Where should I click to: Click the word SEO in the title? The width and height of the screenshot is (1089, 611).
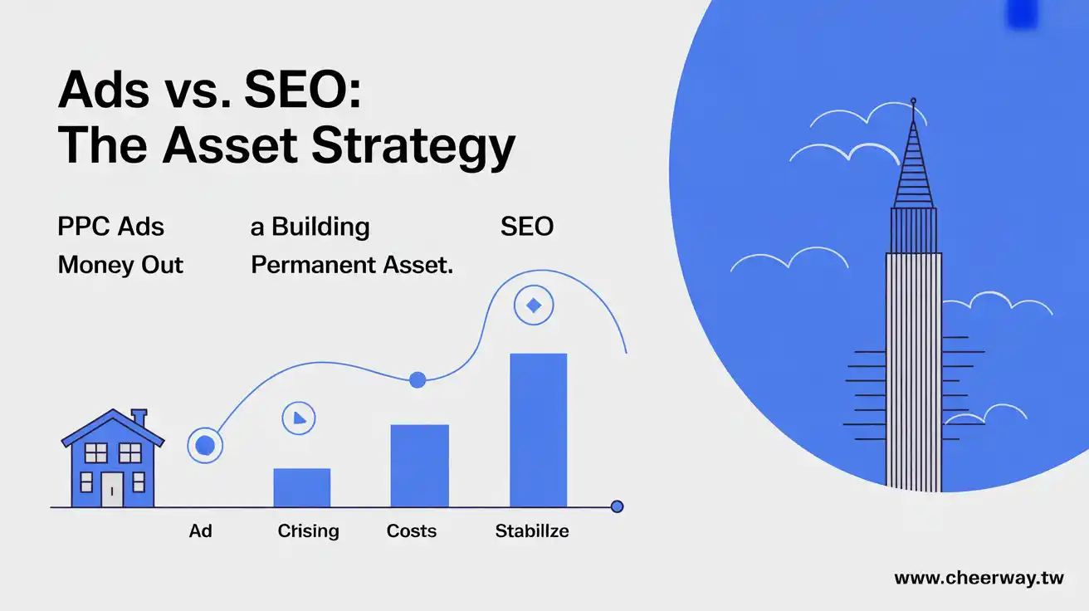tap(302, 90)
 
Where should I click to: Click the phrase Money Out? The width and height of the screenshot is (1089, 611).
tap(120, 266)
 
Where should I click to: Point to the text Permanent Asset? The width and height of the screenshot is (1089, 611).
tap(352, 266)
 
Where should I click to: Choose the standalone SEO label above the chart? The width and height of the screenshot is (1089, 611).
tap(526, 227)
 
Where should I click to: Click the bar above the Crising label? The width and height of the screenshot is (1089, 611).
tap(302, 487)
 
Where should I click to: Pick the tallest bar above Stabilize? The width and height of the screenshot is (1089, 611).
tap(538, 430)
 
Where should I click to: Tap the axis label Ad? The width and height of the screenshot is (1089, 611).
tap(200, 530)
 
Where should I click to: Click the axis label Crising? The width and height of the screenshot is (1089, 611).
tap(308, 531)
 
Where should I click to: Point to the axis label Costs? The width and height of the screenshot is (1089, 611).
tap(412, 530)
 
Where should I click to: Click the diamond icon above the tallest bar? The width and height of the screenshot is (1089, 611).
tap(534, 306)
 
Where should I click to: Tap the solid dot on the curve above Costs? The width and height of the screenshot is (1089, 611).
tap(418, 380)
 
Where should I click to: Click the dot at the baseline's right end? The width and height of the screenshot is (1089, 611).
tap(616, 506)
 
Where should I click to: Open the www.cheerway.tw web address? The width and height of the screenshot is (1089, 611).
tap(978, 579)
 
